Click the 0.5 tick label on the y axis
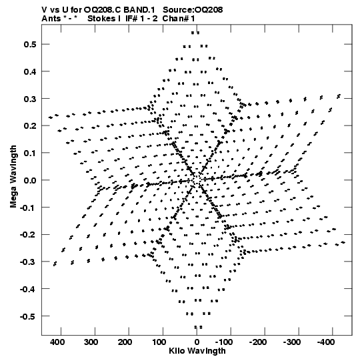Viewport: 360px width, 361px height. [x=30, y=44]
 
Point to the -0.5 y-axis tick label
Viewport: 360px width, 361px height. [x=28, y=316]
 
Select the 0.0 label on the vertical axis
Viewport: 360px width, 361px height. [x=30, y=180]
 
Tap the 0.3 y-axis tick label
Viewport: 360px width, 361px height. [x=30, y=99]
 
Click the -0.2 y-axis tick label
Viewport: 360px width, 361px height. [x=28, y=235]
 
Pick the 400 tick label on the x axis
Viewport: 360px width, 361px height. [x=57, y=342]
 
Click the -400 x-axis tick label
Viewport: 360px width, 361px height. [x=326, y=342]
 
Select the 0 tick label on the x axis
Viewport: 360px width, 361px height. [x=197, y=342]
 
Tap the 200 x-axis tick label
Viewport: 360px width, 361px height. [x=125, y=342]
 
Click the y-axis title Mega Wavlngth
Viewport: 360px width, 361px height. [x=13, y=177]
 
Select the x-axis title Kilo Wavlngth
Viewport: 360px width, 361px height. [x=197, y=351]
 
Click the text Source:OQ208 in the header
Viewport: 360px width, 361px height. [x=193, y=9]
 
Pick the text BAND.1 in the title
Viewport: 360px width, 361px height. [x=139, y=9]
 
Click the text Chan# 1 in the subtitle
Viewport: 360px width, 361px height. [x=179, y=19]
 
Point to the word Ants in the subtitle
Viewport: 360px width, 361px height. [x=51, y=19]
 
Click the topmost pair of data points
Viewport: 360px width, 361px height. [x=195, y=33]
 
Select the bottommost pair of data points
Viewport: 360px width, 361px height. [x=198, y=327]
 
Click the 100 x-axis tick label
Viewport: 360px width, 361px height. [x=159, y=342]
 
